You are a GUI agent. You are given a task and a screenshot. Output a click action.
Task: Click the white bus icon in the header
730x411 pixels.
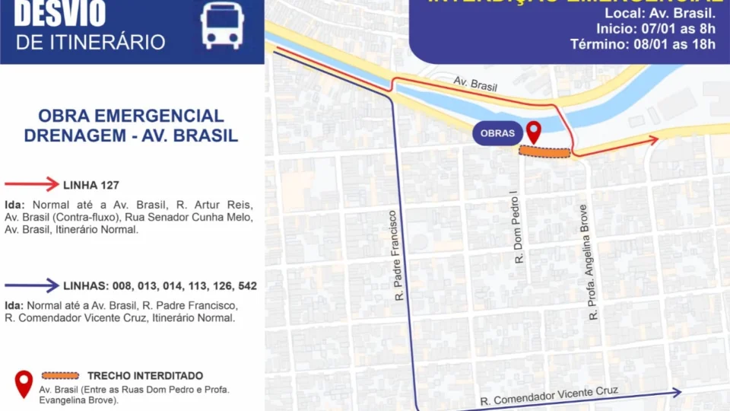click(x=222, y=26)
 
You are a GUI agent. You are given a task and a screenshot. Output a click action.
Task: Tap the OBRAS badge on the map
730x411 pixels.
click(x=497, y=133)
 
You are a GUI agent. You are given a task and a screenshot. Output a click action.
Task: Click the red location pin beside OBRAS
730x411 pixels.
click(x=534, y=132)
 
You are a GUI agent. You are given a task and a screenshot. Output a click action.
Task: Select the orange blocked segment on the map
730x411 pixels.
click(x=544, y=152)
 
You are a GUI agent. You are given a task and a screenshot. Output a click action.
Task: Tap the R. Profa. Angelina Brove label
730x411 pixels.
click(x=585, y=261)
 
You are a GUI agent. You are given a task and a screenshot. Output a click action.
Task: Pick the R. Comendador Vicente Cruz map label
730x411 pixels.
click(x=548, y=397)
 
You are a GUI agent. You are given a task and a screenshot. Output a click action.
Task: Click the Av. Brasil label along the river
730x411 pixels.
click(x=475, y=84)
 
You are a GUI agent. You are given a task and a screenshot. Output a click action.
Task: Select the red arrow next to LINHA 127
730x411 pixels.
click(x=31, y=184)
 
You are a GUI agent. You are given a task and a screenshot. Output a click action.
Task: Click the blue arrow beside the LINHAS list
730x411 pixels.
click(x=31, y=285)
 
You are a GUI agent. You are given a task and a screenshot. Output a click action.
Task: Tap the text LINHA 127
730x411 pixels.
click(x=91, y=185)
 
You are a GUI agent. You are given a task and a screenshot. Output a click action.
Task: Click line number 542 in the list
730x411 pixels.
click(x=246, y=286)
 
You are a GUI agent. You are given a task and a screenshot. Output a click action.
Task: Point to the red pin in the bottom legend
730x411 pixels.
click(x=24, y=382)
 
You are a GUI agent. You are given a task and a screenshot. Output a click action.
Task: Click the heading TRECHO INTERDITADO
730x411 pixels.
click(x=145, y=376)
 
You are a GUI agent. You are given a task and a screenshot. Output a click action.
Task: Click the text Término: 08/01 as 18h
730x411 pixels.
click(x=643, y=44)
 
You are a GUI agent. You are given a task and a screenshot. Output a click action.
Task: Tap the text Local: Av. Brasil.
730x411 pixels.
click(x=660, y=13)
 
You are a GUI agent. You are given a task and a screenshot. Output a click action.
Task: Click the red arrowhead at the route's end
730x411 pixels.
click(x=652, y=140)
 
